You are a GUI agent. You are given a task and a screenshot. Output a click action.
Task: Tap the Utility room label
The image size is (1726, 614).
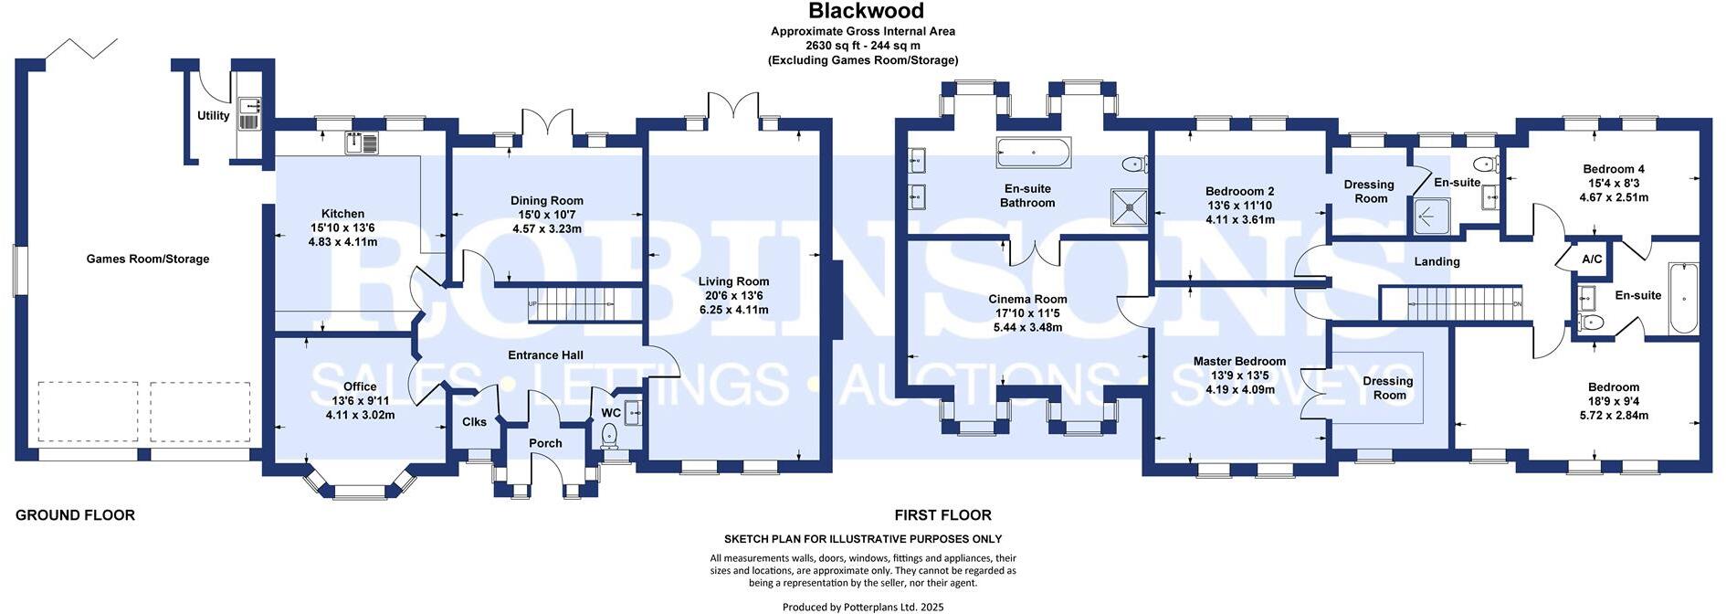pos(214,116)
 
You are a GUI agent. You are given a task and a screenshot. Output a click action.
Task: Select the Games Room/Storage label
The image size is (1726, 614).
pos(148,259)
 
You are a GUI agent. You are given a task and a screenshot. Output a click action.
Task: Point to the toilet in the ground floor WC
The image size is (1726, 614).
pos(611,438)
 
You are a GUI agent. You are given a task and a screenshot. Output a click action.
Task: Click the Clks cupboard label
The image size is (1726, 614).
pos(475,422)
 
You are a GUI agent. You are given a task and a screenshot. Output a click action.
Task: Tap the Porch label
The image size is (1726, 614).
pos(546,443)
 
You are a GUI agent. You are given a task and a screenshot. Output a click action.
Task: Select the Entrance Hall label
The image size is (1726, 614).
pos(546,355)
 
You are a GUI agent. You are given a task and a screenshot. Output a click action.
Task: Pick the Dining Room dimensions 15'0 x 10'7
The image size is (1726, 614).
pos(547,215)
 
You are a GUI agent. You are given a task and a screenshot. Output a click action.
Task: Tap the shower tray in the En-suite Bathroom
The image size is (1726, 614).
pos(1129,206)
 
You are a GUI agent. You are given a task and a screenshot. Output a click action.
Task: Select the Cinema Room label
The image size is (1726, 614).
pos(1027,300)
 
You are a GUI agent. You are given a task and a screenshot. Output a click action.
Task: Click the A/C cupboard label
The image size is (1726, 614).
pos(1592,259)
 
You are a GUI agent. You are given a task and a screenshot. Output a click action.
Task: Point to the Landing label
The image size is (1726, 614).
pos(1437,262)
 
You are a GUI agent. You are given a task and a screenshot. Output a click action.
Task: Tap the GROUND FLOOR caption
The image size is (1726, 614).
pos(75,515)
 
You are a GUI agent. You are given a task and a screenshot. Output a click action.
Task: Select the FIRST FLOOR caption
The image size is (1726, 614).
pos(942,515)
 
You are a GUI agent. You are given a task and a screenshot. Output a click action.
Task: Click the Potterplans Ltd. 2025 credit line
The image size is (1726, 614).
pos(863,607)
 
